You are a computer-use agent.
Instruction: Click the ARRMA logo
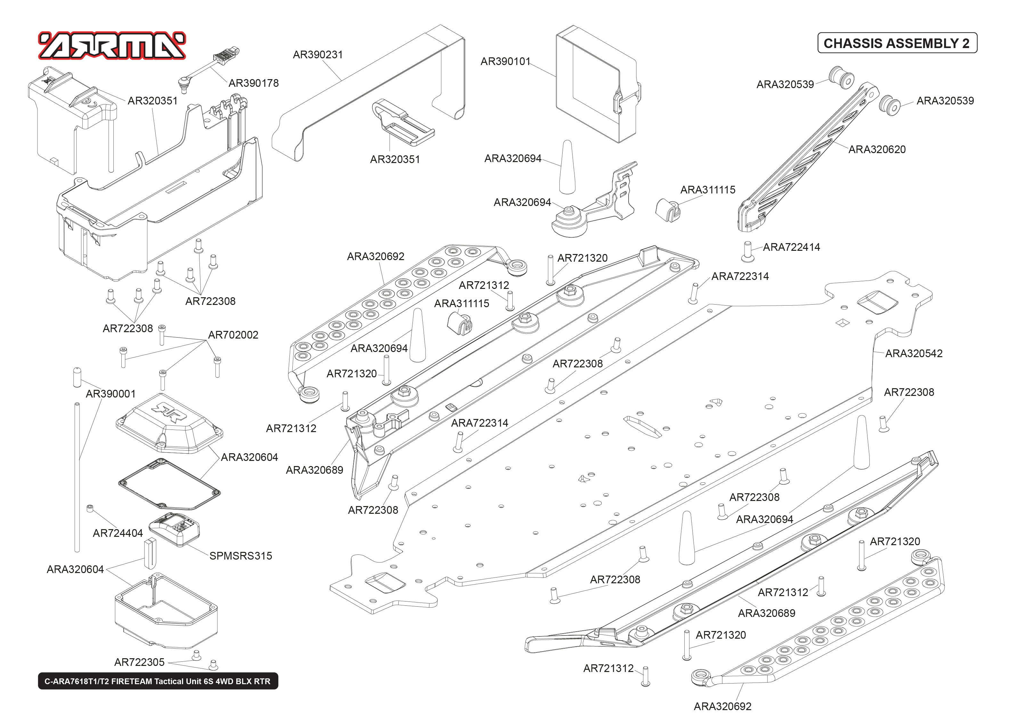(x=112, y=46)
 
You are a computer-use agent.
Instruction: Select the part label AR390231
(x=318, y=54)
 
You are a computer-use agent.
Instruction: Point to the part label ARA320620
(x=877, y=149)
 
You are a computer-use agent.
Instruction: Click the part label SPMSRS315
(x=240, y=555)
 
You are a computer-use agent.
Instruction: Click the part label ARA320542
(x=914, y=353)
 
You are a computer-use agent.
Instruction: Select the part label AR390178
(x=253, y=83)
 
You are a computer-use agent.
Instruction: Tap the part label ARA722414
(x=791, y=247)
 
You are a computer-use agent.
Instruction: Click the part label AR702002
(x=233, y=335)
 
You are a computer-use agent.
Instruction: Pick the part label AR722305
(x=139, y=662)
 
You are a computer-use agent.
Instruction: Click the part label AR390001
(x=110, y=394)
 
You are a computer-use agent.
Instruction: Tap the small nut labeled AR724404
(x=90, y=508)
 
